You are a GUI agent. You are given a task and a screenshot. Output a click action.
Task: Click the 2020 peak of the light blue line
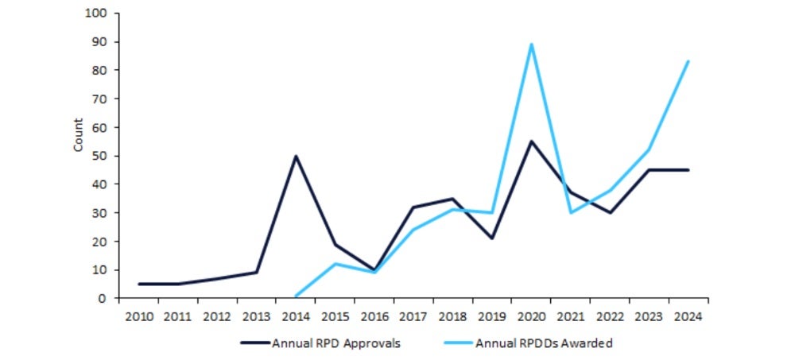531,45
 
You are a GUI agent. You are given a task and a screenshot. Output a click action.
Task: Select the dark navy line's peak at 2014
296,156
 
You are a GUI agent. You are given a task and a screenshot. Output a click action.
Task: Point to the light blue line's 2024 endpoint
688,61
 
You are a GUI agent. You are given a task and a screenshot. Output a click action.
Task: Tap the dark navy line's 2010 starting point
138,284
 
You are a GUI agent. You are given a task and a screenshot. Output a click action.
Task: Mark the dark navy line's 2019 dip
492,238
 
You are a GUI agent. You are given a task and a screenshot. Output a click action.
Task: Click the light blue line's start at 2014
296,296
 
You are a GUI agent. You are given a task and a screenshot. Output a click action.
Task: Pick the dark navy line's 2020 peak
531,141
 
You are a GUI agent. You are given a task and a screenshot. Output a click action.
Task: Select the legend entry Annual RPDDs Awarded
544,343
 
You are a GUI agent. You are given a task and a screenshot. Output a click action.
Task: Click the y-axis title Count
78,135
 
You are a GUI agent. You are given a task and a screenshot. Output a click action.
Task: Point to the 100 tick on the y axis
101,14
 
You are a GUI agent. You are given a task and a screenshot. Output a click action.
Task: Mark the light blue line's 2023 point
649,150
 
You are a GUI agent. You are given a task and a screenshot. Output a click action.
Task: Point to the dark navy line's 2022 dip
610,213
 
